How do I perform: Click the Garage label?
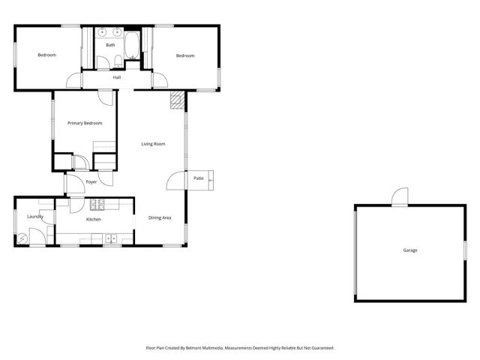coord(409,250)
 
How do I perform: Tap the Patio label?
coord(199,178)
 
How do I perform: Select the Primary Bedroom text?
coord(85,123)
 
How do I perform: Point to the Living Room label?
coord(154,144)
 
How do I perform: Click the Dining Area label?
coord(160,217)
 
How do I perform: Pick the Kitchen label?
coord(94,219)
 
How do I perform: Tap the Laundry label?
coord(35,217)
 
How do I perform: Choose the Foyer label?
coord(91,182)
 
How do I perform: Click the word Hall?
coord(117,77)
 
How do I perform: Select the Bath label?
coord(110,45)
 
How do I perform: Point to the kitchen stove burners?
coord(97,204)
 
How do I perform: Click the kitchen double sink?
coord(112,239)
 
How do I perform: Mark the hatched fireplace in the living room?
coord(177,100)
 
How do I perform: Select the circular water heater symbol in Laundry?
coord(22,238)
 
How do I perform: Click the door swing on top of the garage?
coord(399,196)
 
